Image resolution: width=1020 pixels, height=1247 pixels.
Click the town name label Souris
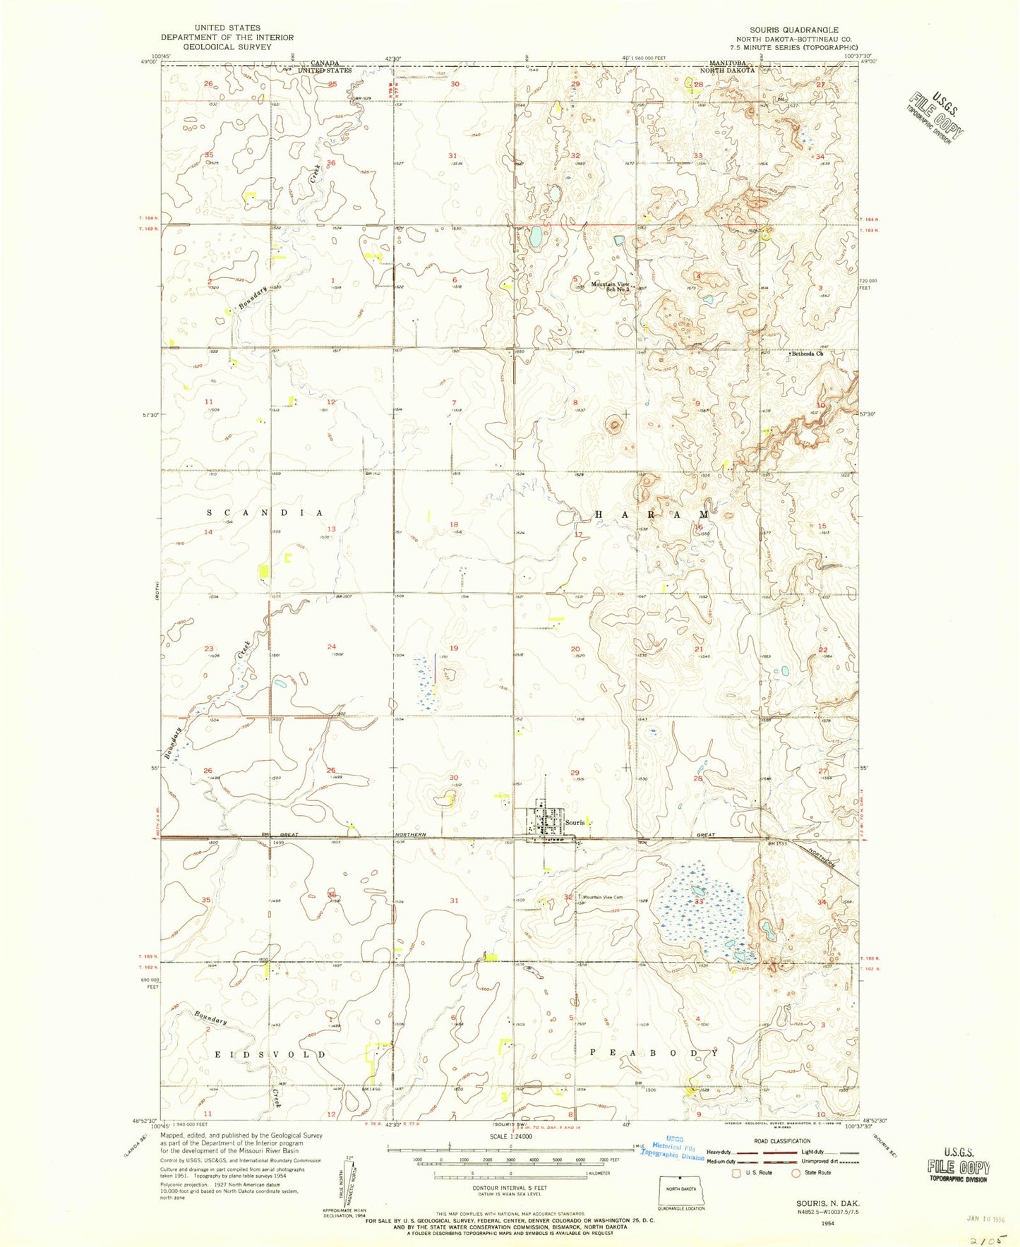[574, 823]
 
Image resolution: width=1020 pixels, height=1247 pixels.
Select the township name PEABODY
[654, 1053]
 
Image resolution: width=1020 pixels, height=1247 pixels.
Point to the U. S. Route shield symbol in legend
[740, 1173]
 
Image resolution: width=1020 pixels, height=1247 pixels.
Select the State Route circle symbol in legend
[798, 1173]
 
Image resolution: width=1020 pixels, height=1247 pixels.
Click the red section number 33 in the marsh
[699, 902]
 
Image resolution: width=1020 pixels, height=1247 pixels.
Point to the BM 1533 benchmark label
[777, 843]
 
